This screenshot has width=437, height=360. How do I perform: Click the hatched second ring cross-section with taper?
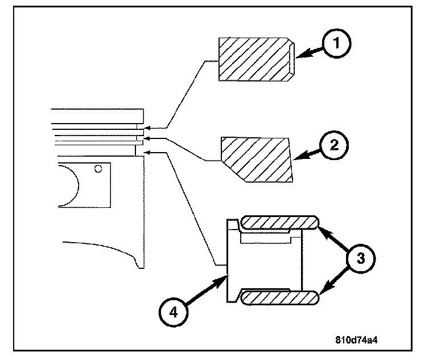256,159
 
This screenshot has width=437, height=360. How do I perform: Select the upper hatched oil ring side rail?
279,223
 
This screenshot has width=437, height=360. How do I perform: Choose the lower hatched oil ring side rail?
279,297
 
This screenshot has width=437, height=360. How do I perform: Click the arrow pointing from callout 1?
307,53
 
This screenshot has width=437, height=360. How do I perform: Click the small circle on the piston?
98,169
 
